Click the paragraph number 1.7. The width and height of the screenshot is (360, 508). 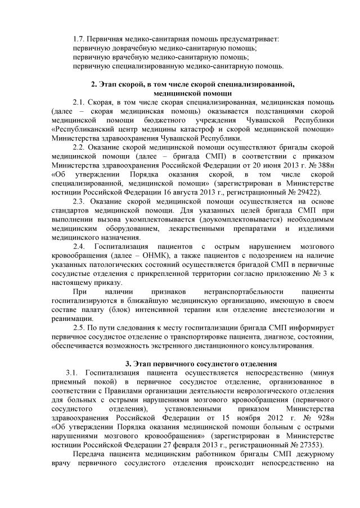click(x=79, y=39)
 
